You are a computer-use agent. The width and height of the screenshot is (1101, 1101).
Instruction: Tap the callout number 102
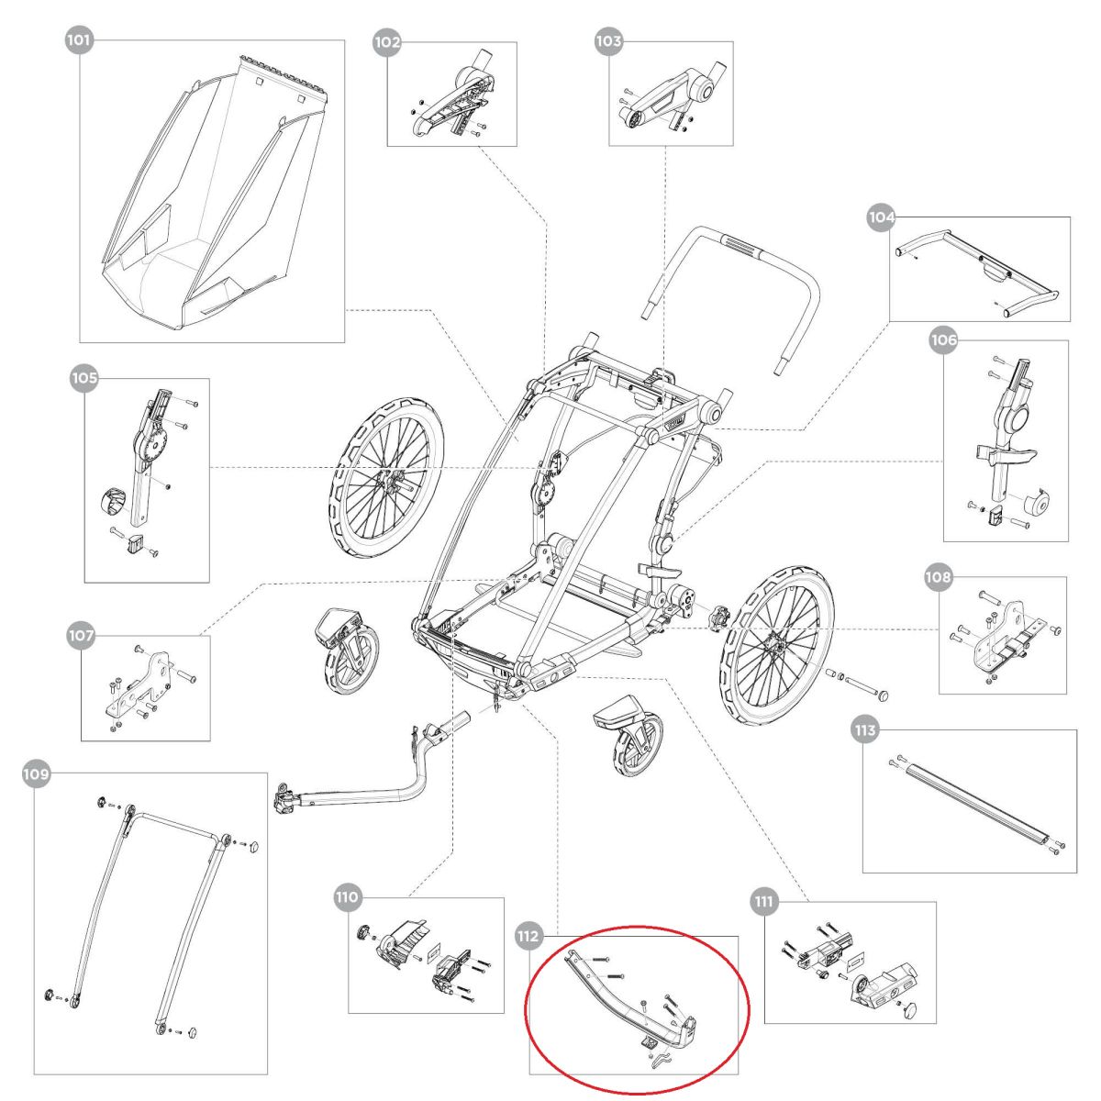pyautogui.click(x=387, y=41)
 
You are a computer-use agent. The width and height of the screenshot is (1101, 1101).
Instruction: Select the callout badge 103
pyautogui.click(x=608, y=41)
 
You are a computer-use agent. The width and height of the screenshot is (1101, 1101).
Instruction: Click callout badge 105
pyautogui.click(x=84, y=378)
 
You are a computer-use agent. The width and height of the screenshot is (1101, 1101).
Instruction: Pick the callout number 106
pyautogui.click(x=943, y=340)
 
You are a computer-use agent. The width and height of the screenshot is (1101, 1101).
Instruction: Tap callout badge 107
pyautogui.click(x=82, y=634)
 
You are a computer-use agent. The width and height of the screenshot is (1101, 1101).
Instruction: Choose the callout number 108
pyautogui.click(x=939, y=577)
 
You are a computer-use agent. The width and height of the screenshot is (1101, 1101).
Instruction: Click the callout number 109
pyautogui.click(x=35, y=774)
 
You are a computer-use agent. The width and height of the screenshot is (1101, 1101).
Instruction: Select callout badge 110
pyautogui.click(x=348, y=896)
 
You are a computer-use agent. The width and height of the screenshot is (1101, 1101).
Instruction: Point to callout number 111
pyautogui.click(x=763, y=902)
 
